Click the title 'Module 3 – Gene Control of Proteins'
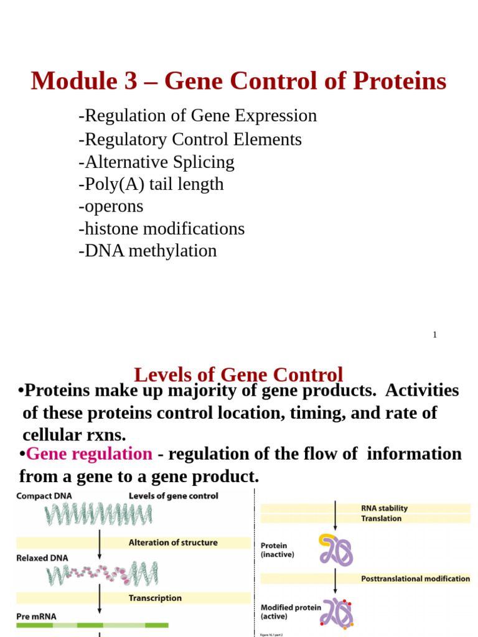tap(238, 81)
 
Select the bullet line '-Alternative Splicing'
tap(156, 162)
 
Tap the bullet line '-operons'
tap(111, 206)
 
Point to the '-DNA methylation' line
tap(148, 251)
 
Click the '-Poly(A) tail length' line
tap(151, 184)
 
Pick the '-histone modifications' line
tap(161, 228)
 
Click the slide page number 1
tap(434, 335)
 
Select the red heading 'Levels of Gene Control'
tap(238, 374)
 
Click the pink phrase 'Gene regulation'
tap(89, 453)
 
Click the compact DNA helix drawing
tap(98, 514)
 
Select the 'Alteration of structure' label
tap(173, 542)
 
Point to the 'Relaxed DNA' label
tap(42, 558)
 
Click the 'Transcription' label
tap(155, 598)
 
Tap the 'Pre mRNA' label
tap(36, 616)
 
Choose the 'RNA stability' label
tap(384, 508)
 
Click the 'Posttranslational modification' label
tap(415, 579)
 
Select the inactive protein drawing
tap(336, 550)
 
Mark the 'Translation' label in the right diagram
tap(381, 518)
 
